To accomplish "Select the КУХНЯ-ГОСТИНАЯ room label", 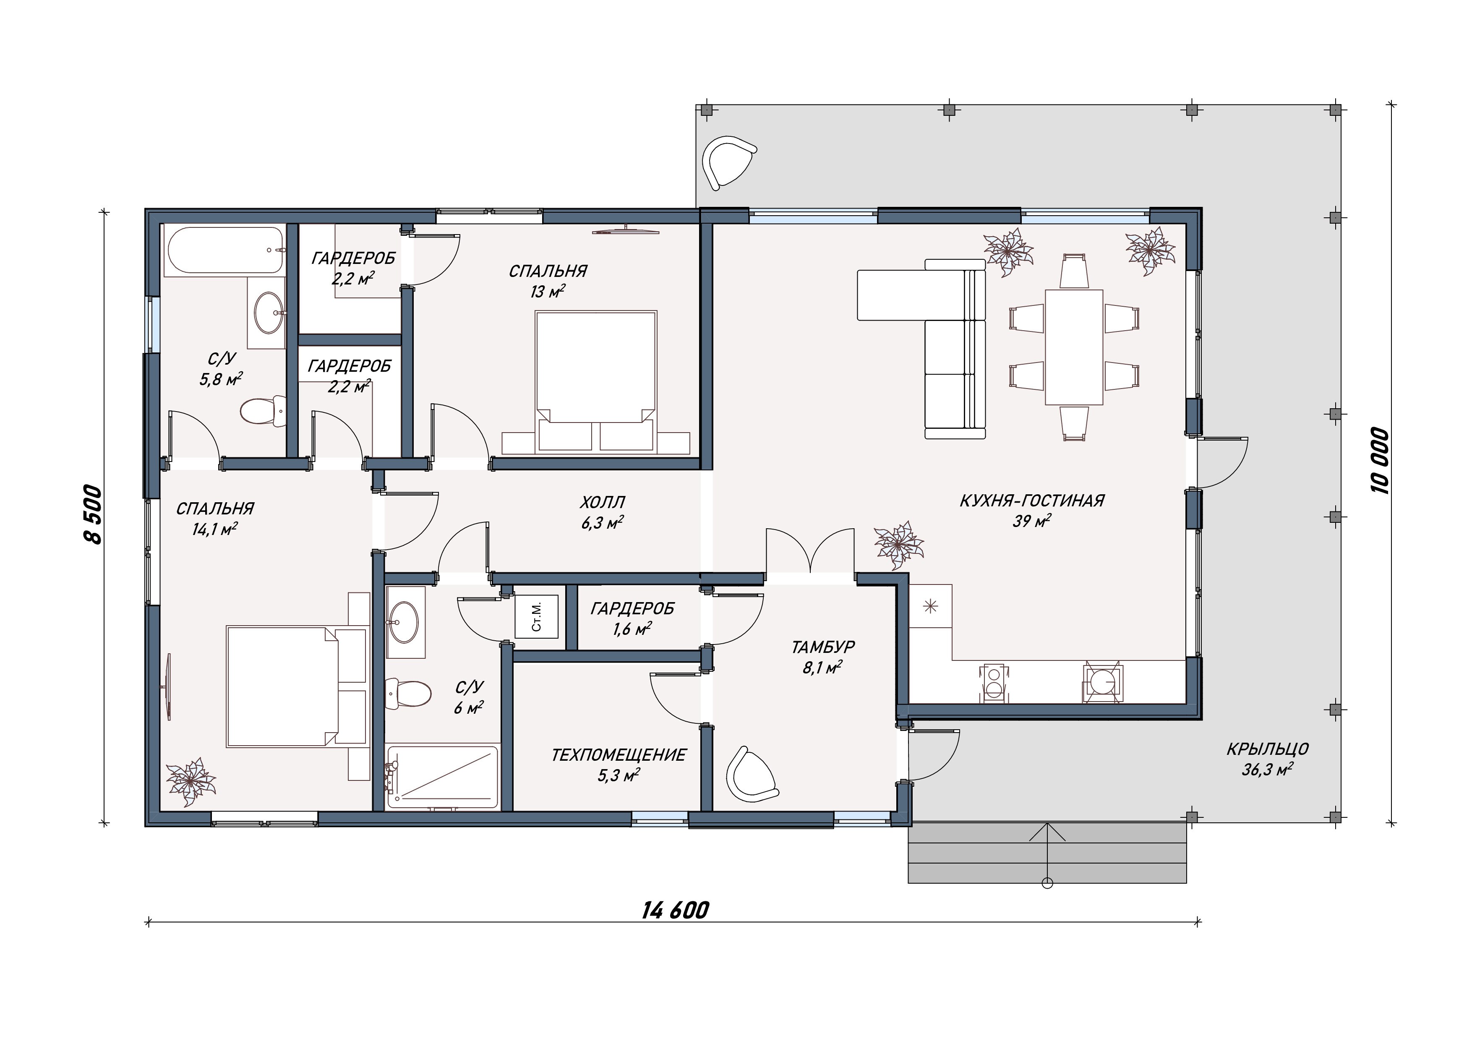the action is [1031, 500].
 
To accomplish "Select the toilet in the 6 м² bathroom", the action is [408, 693].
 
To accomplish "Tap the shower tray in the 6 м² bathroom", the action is [442, 777].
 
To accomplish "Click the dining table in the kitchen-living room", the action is [1074, 347].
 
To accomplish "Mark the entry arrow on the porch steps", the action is [1048, 855].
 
